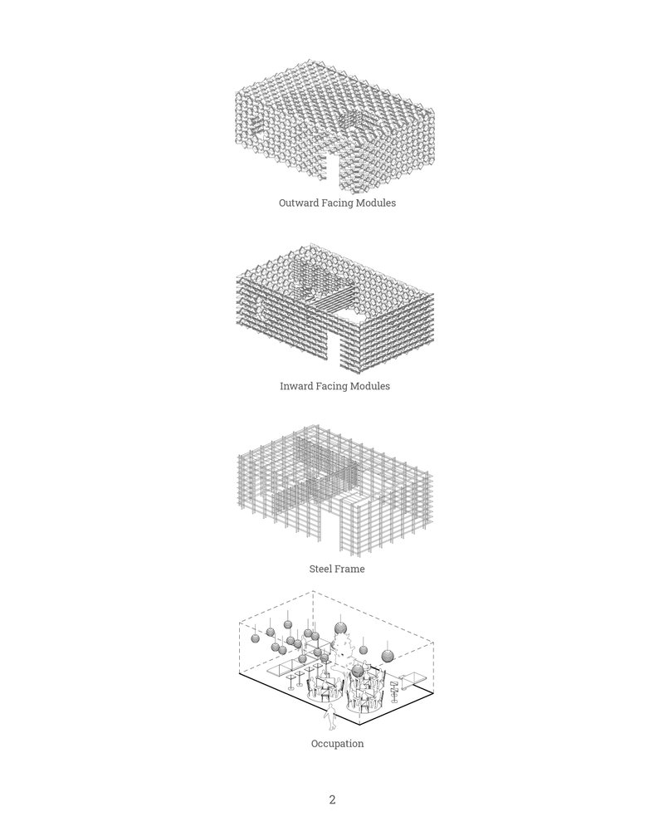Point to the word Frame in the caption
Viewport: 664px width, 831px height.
click(x=350, y=569)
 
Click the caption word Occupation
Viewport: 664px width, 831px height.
click(x=338, y=744)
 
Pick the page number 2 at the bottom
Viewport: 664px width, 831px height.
click(x=332, y=799)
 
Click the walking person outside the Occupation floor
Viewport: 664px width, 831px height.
click(x=330, y=717)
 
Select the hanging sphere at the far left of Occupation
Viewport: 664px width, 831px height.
click(x=256, y=638)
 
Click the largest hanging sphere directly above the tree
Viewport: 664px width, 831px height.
click(x=341, y=629)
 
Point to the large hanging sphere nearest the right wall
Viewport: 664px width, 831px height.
click(x=388, y=656)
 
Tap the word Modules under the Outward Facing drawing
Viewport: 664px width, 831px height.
click(x=376, y=203)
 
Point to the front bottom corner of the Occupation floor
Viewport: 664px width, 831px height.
click(x=360, y=724)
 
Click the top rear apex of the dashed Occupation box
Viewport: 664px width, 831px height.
click(x=313, y=591)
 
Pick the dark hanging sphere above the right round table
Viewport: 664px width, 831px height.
click(x=359, y=672)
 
